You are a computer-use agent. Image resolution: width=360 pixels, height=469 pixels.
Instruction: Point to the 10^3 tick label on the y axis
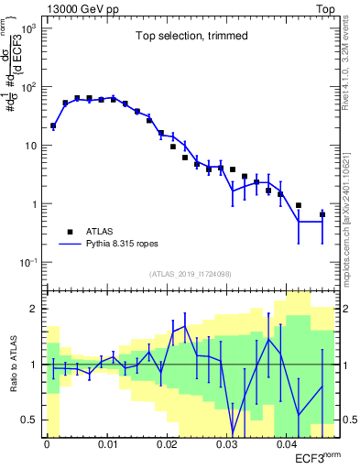coord(29,28)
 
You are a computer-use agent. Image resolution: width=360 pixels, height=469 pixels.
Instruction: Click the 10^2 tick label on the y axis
coord(29,87)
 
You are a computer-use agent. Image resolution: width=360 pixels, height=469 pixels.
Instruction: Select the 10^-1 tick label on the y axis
coord(28,263)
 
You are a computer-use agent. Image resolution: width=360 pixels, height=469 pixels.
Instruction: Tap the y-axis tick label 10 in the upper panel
coord(31,146)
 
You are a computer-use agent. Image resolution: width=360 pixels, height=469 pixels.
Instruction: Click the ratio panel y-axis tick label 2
coord(34,309)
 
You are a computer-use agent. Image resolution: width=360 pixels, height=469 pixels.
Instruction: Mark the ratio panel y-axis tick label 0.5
coord(30,420)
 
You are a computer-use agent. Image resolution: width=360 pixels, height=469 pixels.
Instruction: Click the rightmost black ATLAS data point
coord(322,214)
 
